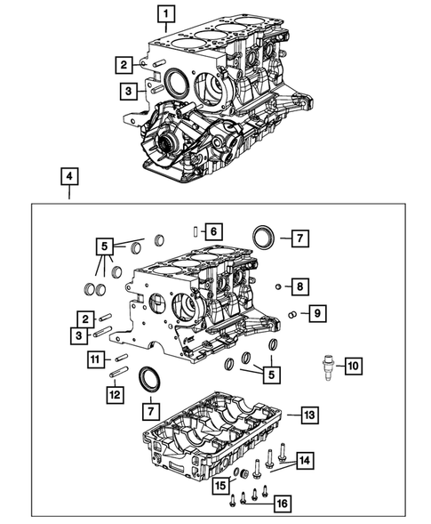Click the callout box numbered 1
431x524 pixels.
(x=166, y=13)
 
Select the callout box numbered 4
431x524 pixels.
(x=68, y=176)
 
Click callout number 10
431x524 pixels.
(x=352, y=366)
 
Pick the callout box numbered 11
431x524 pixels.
(x=96, y=359)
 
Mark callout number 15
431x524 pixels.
(x=219, y=484)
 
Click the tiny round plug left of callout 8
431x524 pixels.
(x=278, y=286)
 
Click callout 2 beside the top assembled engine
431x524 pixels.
(x=124, y=63)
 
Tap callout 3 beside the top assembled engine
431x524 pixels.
(x=129, y=90)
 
